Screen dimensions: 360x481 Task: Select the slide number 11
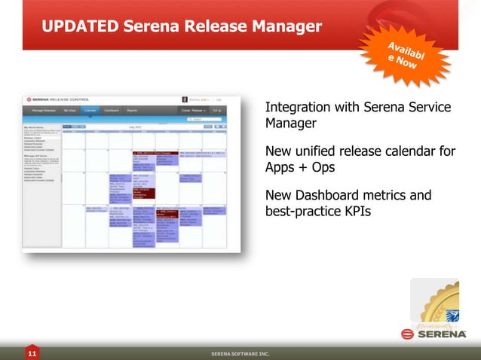tap(32, 352)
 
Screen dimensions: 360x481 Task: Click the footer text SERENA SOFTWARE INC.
tap(240, 352)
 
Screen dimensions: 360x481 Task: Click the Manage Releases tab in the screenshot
tap(43, 111)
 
